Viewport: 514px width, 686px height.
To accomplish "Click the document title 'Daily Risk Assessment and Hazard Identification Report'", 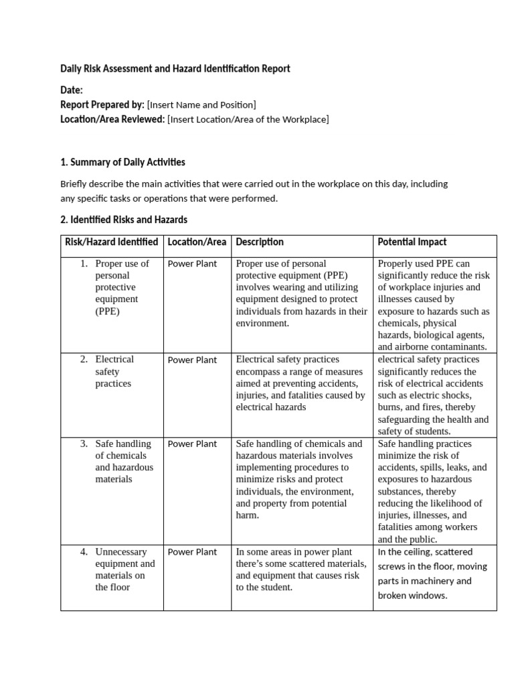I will [175, 69].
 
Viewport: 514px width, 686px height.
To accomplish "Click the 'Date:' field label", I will [72, 90].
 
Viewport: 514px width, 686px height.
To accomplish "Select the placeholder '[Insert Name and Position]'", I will [201, 105].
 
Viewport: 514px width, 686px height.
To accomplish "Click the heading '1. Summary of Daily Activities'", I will [122, 162].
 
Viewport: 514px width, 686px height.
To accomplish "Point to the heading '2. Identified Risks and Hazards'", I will [124, 220].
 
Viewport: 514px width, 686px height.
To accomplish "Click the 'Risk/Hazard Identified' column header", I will [111, 242].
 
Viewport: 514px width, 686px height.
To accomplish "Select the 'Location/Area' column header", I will [197, 242].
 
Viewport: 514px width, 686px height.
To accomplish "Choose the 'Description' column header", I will [260, 242].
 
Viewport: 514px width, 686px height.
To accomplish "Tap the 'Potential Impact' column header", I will [412, 242].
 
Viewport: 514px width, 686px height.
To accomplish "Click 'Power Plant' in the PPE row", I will [192, 264].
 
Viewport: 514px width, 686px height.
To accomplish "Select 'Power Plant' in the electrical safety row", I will [192, 360].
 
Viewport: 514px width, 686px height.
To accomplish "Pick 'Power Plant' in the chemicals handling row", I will [192, 443].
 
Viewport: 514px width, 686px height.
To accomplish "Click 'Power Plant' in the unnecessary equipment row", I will [192, 552].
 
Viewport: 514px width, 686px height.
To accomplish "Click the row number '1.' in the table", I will [84, 263].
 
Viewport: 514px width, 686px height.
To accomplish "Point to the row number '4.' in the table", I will [84, 552].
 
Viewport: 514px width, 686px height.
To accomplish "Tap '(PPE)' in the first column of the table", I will [108, 312].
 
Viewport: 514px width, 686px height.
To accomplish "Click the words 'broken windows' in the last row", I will [412, 596].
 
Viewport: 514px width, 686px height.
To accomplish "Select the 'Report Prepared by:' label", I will [102, 105].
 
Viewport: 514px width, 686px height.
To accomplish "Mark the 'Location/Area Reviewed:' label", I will [112, 119].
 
